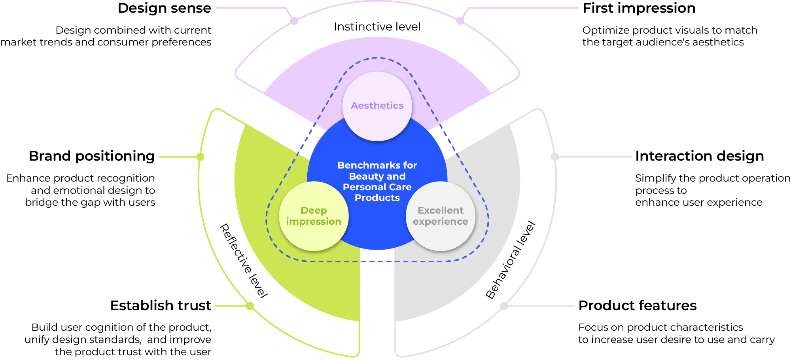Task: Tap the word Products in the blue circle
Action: pyautogui.click(x=377, y=198)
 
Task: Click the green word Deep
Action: pyautogui.click(x=314, y=210)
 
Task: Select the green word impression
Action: pyautogui.click(x=314, y=222)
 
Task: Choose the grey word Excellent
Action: pyautogui.click(x=441, y=210)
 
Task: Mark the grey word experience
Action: pyautogui.click(x=441, y=222)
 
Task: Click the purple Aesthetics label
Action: pyautogui.click(x=377, y=106)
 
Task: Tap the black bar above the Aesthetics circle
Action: pyautogui.click(x=377, y=30)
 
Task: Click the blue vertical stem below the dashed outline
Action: pyautogui.click(x=377, y=309)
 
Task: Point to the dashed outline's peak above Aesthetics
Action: pyautogui.click(x=377, y=58)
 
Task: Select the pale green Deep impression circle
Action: pyautogui.click(x=314, y=237)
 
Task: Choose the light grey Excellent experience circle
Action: pyautogui.click(x=441, y=237)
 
